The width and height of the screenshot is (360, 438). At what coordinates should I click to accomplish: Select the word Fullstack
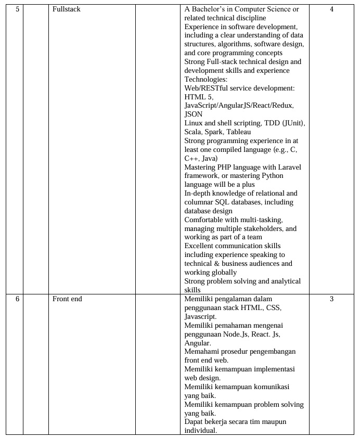tap(67, 9)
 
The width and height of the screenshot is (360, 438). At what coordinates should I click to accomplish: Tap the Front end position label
tap(67, 299)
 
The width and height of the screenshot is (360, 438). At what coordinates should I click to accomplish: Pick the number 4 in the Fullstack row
tap(331, 9)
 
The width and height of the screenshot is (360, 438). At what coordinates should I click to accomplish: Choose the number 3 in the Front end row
tap(331, 299)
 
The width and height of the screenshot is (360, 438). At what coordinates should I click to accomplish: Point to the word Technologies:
tap(206, 79)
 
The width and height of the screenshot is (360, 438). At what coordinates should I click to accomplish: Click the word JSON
tap(194, 114)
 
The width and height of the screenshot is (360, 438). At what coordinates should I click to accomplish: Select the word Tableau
tap(239, 132)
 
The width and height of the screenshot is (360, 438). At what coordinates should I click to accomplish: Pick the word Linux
tap(194, 123)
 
